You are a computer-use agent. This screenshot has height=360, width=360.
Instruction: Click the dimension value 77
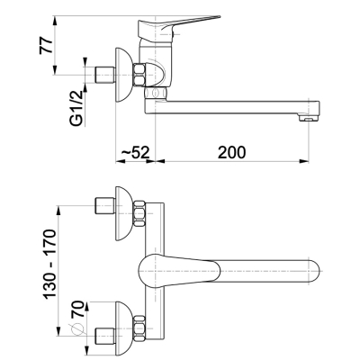tap(46, 46)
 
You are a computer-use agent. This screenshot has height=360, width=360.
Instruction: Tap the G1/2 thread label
tap(76, 108)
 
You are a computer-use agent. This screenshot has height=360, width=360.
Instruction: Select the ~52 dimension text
tap(135, 153)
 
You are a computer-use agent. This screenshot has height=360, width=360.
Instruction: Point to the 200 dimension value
tap(231, 152)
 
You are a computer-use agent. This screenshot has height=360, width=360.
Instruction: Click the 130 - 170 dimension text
tap(49, 265)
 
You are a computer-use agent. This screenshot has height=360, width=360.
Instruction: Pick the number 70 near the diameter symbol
tap(77, 309)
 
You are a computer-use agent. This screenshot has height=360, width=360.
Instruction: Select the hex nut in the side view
tap(139, 75)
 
